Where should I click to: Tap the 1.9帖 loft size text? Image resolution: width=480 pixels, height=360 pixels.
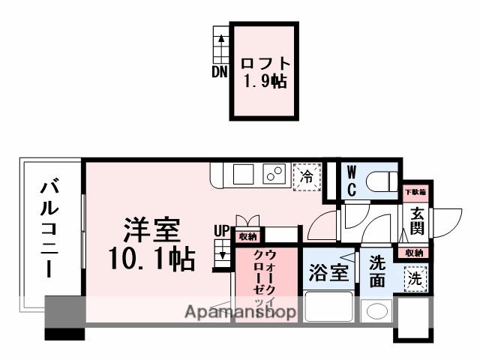click(264, 81)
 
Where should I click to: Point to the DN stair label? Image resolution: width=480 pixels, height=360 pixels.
click(219, 73)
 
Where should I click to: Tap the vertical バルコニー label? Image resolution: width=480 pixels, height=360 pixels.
click(51, 228)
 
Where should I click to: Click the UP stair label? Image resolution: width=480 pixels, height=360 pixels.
click(222, 232)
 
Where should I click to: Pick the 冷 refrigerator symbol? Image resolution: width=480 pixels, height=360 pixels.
click(307, 177)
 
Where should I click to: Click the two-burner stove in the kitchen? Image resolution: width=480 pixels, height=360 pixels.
click(273, 175)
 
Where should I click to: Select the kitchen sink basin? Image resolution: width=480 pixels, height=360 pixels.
click(244, 175)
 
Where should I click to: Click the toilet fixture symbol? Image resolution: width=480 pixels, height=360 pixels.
click(380, 181)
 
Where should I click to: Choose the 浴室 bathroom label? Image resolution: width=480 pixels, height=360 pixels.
click(328, 272)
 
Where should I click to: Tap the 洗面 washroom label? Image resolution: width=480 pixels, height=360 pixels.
click(377, 272)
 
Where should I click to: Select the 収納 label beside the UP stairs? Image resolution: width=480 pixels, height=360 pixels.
click(247, 236)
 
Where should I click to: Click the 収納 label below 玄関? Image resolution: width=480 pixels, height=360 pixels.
click(414, 253)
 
